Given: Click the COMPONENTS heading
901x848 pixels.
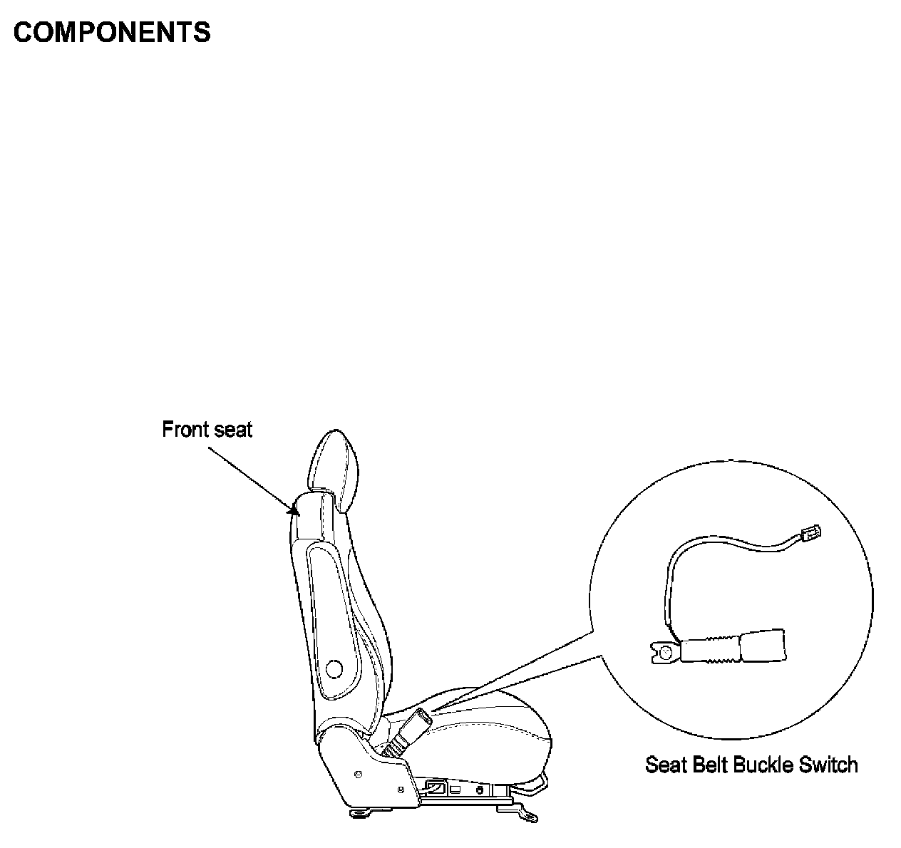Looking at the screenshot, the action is click(112, 33).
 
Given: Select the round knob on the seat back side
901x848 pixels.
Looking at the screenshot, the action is click(333, 668).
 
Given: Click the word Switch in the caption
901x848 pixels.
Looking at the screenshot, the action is click(828, 765).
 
